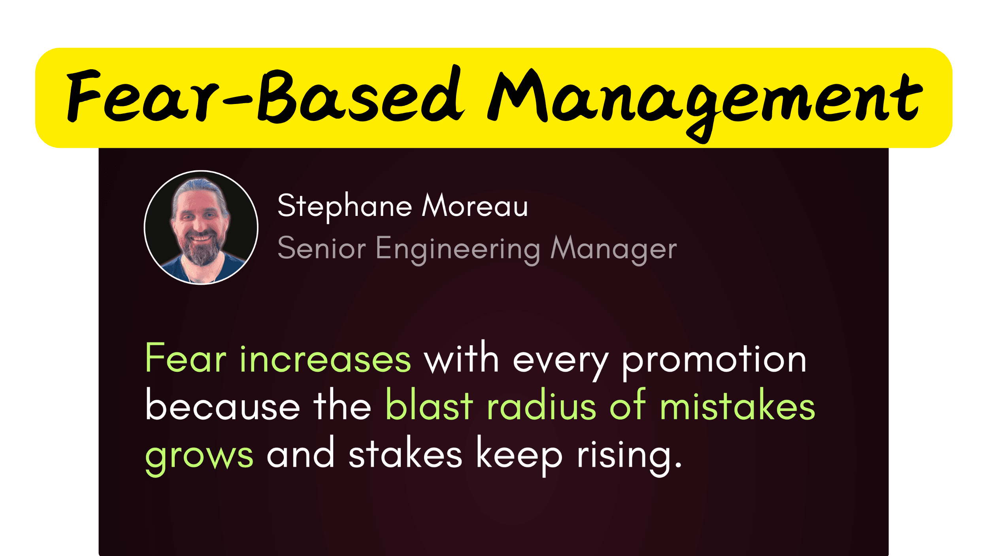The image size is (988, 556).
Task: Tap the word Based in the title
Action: pyautogui.click(x=360, y=97)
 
